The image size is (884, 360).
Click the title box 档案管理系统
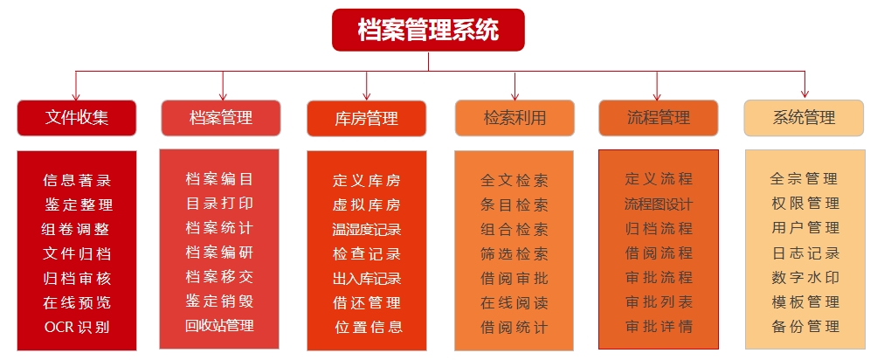(428, 30)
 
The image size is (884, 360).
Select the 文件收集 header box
(77, 118)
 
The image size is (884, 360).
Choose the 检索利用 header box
(515, 118)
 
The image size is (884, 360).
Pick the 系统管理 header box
(804, 118)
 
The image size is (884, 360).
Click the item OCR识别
(77, 328)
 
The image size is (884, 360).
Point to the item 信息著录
(77, 181)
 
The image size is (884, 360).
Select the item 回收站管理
(219, 326)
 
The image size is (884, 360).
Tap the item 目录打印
(219, 204)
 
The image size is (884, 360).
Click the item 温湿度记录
(367, 230)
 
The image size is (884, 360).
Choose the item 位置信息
(367, 328)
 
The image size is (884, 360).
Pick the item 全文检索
(515, 181)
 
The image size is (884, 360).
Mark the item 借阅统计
(515, 328)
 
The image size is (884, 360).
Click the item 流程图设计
(658, 204)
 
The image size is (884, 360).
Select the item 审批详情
(658, 326)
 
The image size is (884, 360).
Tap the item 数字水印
(805, 277)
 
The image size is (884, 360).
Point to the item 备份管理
(805, 326)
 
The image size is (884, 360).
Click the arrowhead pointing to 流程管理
(658, 93)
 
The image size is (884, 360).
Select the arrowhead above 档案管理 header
(223, 93)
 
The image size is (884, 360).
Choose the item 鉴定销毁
(219, 301)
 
